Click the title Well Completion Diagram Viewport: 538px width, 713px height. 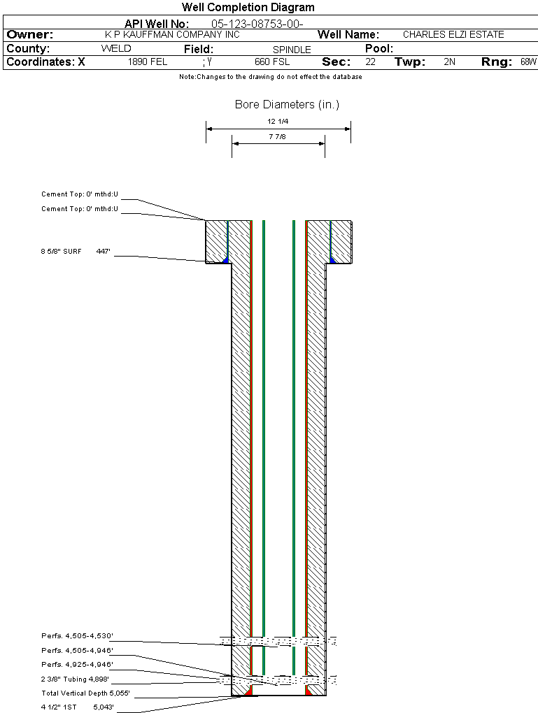coord(248,8)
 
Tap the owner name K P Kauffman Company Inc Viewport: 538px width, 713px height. coord(172,34)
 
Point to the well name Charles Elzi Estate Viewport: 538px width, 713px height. coord(453,34)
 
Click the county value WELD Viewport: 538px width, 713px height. coord(116,49)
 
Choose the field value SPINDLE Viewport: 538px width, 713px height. coord(292,50)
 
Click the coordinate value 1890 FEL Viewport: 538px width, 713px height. coord(148,62)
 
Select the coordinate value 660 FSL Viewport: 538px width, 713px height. coord(272,62)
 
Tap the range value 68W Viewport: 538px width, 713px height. coord(528,62)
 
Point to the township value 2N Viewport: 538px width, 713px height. coord(449,62)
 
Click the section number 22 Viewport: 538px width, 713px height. coord(370,62)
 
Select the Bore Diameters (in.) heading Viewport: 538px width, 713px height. coord(287,105)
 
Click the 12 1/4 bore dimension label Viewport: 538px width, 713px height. coord(278,122)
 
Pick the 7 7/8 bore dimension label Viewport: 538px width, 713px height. coord(278,137)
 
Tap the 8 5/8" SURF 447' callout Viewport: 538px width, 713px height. coord(76,250)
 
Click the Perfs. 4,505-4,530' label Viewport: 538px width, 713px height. coord(77,636)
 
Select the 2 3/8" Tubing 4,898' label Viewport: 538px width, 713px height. coord(75,679)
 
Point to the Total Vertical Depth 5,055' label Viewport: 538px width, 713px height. coord(85,693)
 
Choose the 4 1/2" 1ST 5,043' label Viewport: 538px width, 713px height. coord(77,707)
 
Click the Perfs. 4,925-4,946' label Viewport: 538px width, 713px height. coord(77,664)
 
